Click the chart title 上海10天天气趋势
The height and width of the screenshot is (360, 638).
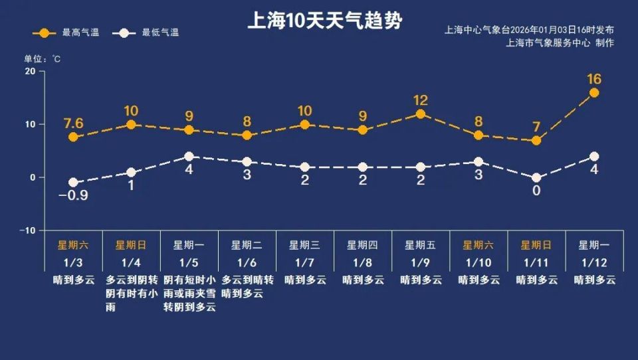325,21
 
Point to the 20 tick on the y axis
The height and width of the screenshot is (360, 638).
29,71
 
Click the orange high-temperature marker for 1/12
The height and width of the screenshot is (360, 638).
594,93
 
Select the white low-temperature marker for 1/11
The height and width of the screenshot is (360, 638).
536,178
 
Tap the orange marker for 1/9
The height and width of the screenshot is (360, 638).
420,114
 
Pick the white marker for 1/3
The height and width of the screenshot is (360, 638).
73,183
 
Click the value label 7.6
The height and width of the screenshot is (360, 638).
73,122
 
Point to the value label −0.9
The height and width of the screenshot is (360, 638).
73,196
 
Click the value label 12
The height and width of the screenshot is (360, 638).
420,100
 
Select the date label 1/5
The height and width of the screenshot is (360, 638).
189,262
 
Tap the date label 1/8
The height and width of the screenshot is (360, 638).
363,262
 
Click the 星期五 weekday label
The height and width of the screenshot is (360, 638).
421,245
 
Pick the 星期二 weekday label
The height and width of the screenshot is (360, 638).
247,245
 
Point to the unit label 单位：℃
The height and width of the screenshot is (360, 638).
43,59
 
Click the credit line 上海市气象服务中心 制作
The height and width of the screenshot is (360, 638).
560,43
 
